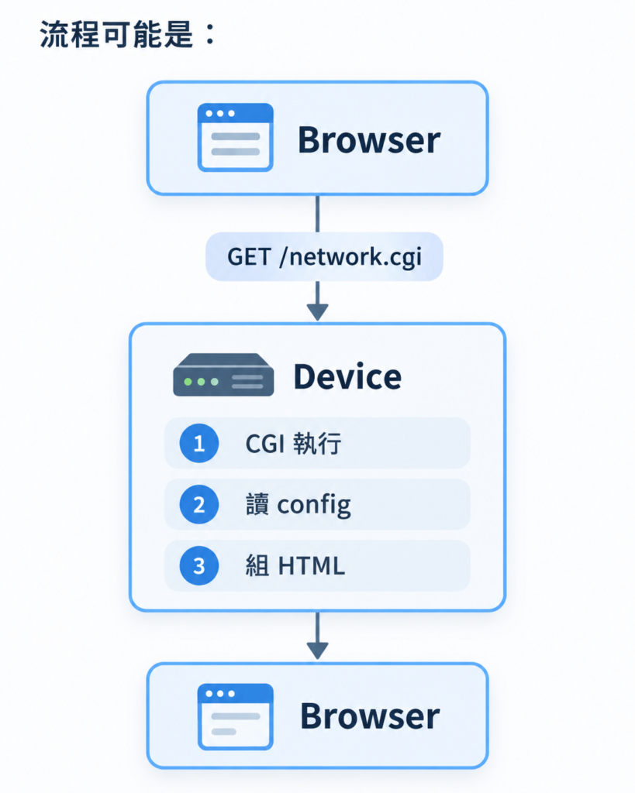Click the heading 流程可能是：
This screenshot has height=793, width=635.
[128, 34]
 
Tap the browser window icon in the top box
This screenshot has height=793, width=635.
[236, 138]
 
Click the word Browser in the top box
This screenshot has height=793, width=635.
[369, 139]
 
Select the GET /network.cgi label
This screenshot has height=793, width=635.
[324, 257]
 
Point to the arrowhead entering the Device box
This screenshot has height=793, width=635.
[318, 312]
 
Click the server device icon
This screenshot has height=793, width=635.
[223, 374]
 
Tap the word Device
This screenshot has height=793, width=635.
[348, 377]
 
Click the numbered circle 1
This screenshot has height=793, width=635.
[199, 443]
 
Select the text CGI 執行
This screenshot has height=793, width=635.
[293, 444]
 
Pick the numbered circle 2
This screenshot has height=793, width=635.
[199, 504]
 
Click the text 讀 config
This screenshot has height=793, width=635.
[299, 505]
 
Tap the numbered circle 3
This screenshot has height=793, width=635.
[199, 565]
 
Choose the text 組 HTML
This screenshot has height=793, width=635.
[295, 566]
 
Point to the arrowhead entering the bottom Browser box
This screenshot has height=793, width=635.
[318, 651]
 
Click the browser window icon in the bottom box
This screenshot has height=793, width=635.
[236, 716]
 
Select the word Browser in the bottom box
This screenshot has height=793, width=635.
[370, 716]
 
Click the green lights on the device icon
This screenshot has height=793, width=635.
[201, 382]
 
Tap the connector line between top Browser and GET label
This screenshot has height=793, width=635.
[318, 214]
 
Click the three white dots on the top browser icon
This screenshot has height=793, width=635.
[220, 113]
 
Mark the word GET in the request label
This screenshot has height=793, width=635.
[250, 257]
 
